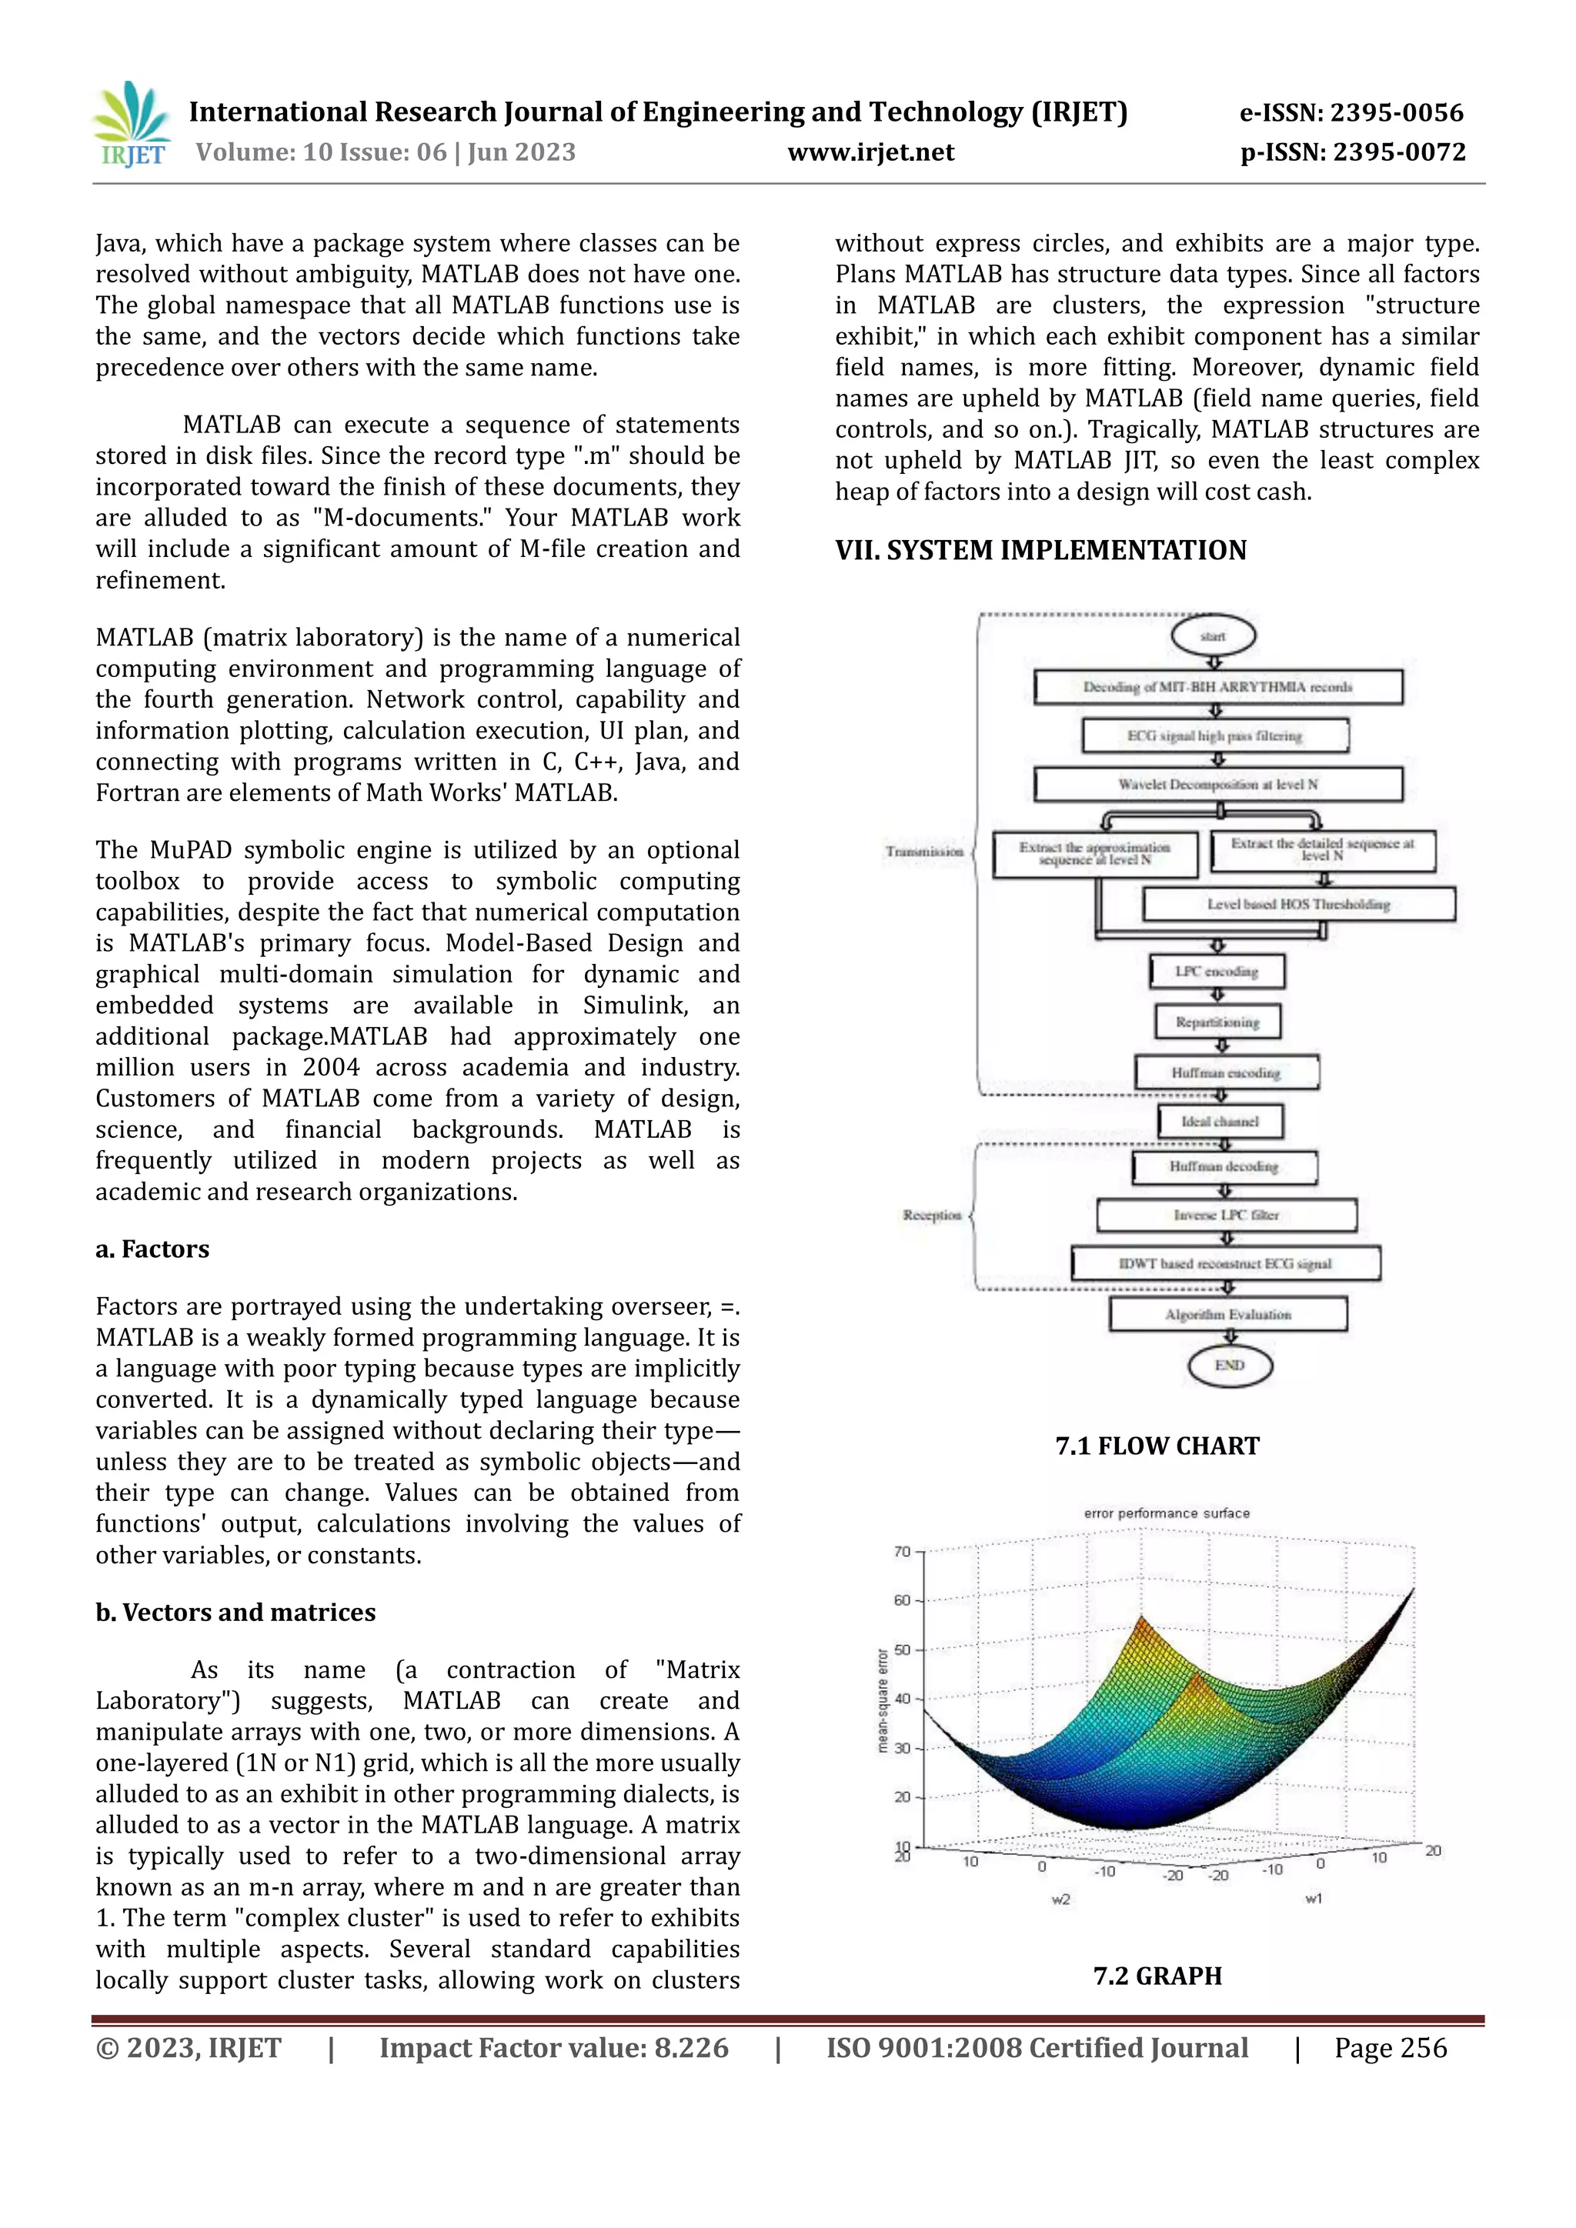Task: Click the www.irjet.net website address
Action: (x=870, y=152)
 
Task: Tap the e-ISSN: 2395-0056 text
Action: (x=1351, y=112)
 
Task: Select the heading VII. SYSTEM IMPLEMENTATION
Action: (x=1040, y=550)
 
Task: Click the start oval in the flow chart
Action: (x=1213, y=636)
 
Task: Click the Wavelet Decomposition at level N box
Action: (x=1218, y=784)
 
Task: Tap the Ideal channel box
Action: (x=1220, y=1122)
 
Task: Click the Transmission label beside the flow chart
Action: (x=924, y=852)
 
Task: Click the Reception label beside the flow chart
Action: (x=932, y=1215)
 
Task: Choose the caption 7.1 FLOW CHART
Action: (x=1157, y=1446)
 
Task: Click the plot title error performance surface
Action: (x=1167, y=1513)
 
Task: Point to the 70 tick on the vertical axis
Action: (x=903, y=1552)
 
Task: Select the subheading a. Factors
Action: (x=152, y=1249)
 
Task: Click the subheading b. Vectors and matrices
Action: (x=235, y=1613)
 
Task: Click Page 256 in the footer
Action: (x=1390, y=2047)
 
